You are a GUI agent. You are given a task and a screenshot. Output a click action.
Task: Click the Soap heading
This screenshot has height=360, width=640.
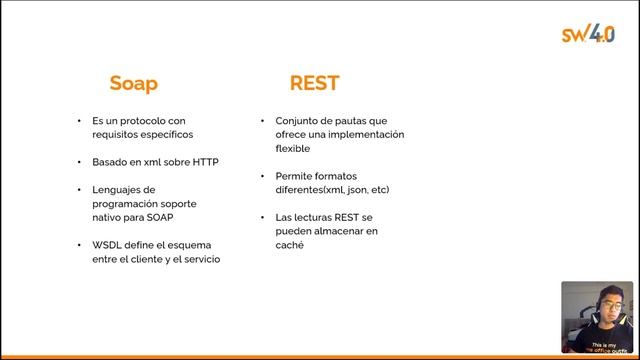[x=133, y=83]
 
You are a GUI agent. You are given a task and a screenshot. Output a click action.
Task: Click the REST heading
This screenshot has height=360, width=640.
[x=314, y=83]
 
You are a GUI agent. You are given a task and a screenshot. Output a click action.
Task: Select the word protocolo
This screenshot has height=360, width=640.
[x=144, y=120]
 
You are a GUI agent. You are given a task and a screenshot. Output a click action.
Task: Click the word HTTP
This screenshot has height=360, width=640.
[x=205, y=161]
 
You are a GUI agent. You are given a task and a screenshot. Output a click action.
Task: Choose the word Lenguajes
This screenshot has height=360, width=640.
[x=118, y=189]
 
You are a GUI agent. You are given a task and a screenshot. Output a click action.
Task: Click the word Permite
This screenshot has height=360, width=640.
[x=294, y=175]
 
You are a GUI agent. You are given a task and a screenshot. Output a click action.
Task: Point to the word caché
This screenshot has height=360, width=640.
[x=289, y=244]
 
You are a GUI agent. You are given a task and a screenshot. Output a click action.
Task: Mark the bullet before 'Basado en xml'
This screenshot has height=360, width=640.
[x=79, y=161]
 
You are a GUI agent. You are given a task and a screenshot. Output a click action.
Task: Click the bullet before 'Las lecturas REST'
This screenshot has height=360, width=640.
[x=261, y=217]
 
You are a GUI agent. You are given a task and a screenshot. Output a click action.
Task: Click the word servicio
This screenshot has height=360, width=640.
[x=199, y=259]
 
